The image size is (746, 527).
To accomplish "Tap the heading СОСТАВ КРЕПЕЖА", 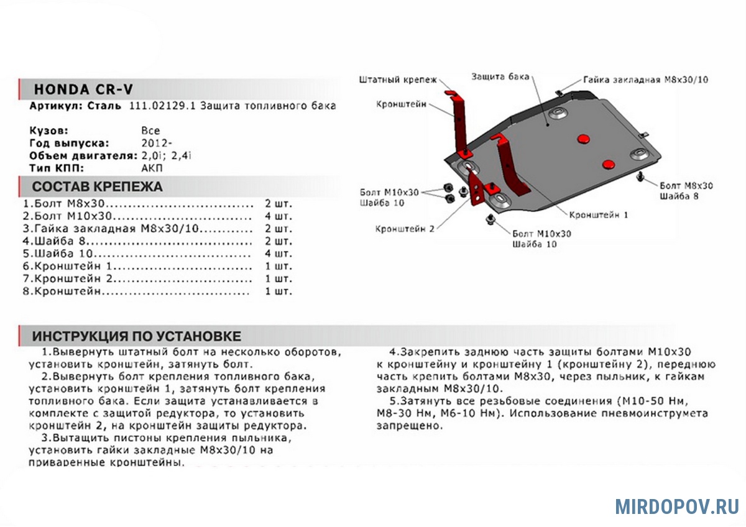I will (x=97, y=186).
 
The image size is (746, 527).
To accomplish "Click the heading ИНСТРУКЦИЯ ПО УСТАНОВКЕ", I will (x=136, y=336).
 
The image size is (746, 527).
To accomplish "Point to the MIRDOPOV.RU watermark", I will (x=677, y=506).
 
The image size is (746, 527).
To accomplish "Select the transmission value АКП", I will (x=152, y=168).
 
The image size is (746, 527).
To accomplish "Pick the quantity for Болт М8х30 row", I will (x=279, y=204).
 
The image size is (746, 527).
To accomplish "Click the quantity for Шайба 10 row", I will (x=279, y=254).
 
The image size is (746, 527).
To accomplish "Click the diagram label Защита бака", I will (x=500, y=76).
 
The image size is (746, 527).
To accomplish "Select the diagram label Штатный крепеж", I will (x=398, y=80).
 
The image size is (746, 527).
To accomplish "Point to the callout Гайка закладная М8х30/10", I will (x=646, y=80).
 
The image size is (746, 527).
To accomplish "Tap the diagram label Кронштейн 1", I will (x=599, y=214).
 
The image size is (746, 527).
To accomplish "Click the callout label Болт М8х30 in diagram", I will (x=686, y=186).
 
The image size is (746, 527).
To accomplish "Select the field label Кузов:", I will (x=48, y=131).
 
